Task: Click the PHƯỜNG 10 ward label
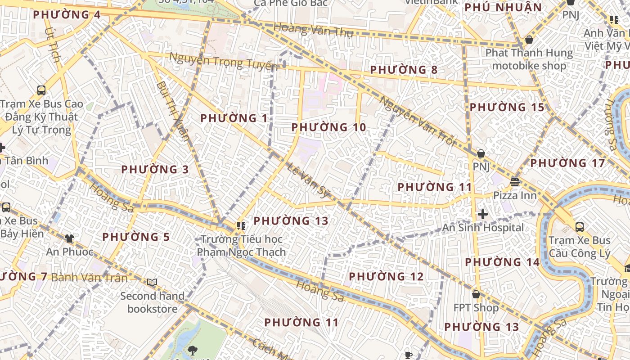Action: tap(328, 127)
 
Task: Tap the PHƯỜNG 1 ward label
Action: tap(234, 118)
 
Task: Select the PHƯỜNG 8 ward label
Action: tap(404, 70)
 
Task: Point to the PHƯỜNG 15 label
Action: tap(507, 108)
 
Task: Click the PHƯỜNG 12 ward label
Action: tap(386, 276)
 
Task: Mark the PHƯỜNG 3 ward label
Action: tap(155, 170)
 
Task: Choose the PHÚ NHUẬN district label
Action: tap(503, 8)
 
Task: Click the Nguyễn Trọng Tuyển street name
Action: tap(223, 61)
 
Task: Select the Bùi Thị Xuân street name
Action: tap(173, 111)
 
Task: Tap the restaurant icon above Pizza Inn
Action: tap(515, 182)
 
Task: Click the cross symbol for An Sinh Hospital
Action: tap(483, 214)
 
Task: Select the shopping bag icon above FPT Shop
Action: tap(476, 294)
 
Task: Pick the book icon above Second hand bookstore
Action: tap(152, 282)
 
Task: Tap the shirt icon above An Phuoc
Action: tap(69, 238)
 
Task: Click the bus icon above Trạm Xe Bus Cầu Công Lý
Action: tap(580, 227)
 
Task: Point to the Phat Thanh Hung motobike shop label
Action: tap(529, 59)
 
